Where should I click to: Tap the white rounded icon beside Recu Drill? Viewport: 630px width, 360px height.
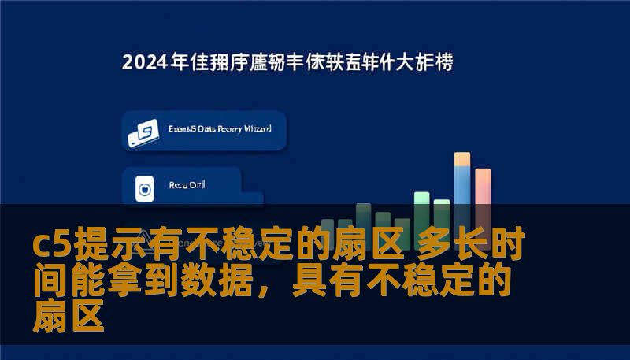144,188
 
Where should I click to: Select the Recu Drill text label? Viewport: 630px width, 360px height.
186,187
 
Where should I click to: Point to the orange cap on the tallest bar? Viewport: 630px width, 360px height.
462,158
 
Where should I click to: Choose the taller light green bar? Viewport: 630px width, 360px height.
421,209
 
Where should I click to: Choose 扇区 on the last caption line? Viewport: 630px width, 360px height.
69,317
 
